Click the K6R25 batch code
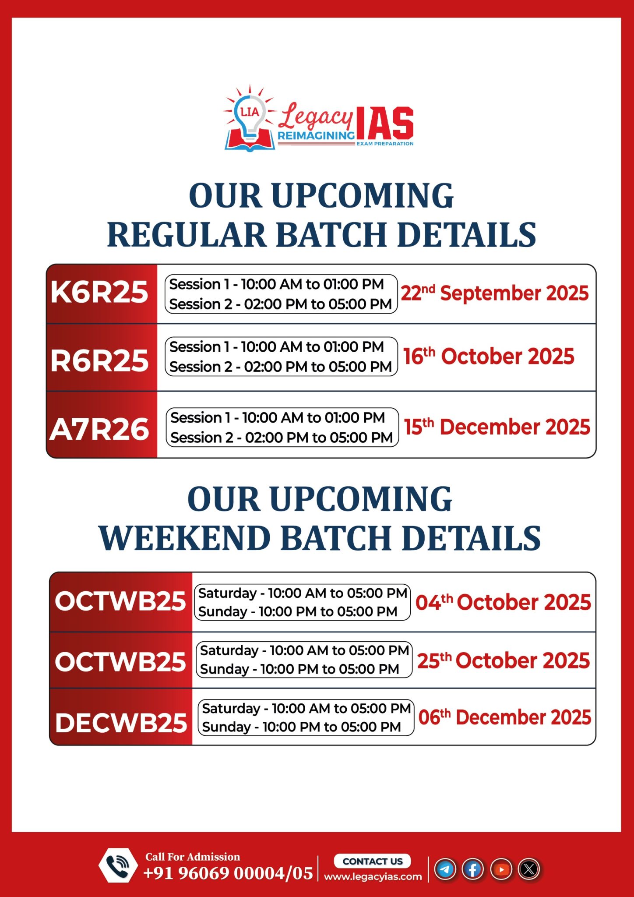point(99,292)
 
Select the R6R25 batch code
point(99,361)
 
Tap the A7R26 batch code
point(99,429)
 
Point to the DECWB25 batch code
point(121,723)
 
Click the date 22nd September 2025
point(495,293)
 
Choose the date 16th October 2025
point(489,356)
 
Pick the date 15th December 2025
point(497,427)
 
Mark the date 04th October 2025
point(504,602)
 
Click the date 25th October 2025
point(504,660)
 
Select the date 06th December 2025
point(505,717)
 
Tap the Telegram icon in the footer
point(445,869)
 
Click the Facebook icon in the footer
point(473,869)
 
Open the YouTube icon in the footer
point(501,869)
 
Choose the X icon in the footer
point(529,869)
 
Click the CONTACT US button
point(372,861)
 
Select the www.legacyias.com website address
point(373,876)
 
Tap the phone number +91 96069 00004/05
point(228,873)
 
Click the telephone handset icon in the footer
point(118,865)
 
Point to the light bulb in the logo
point(250,116)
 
